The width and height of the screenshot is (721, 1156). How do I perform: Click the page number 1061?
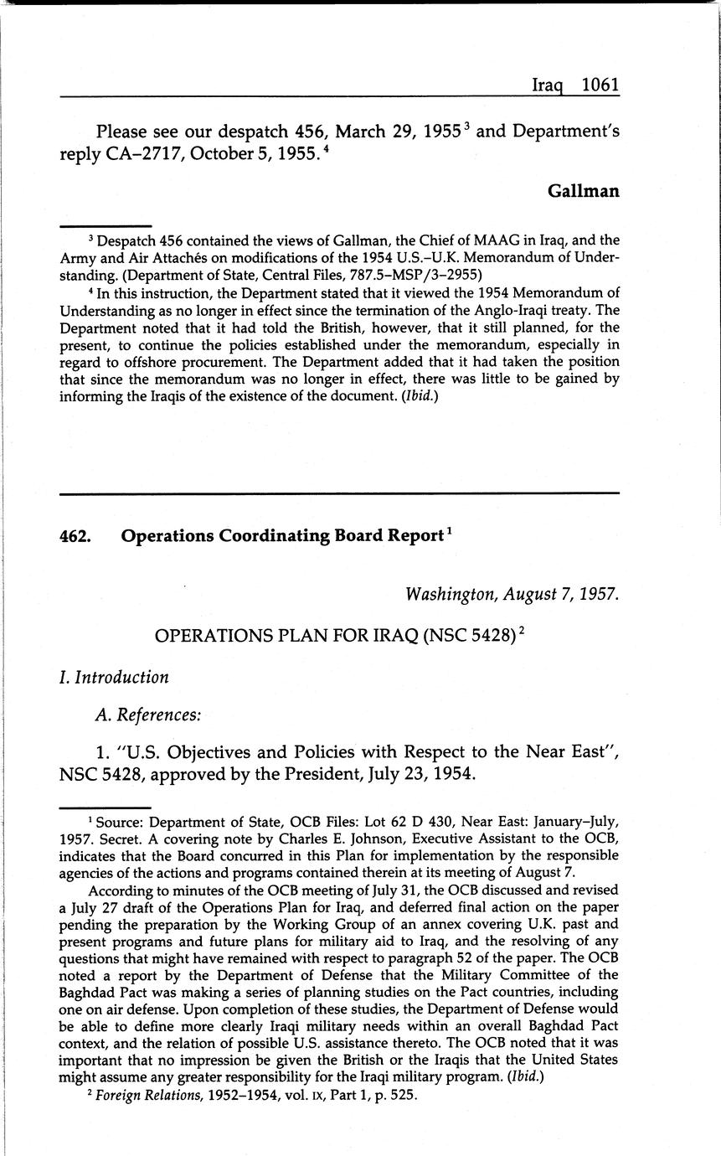point(600,85)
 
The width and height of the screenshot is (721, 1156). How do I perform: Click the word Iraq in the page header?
point(551,85)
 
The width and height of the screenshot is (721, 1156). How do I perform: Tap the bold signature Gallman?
point(584,191)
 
